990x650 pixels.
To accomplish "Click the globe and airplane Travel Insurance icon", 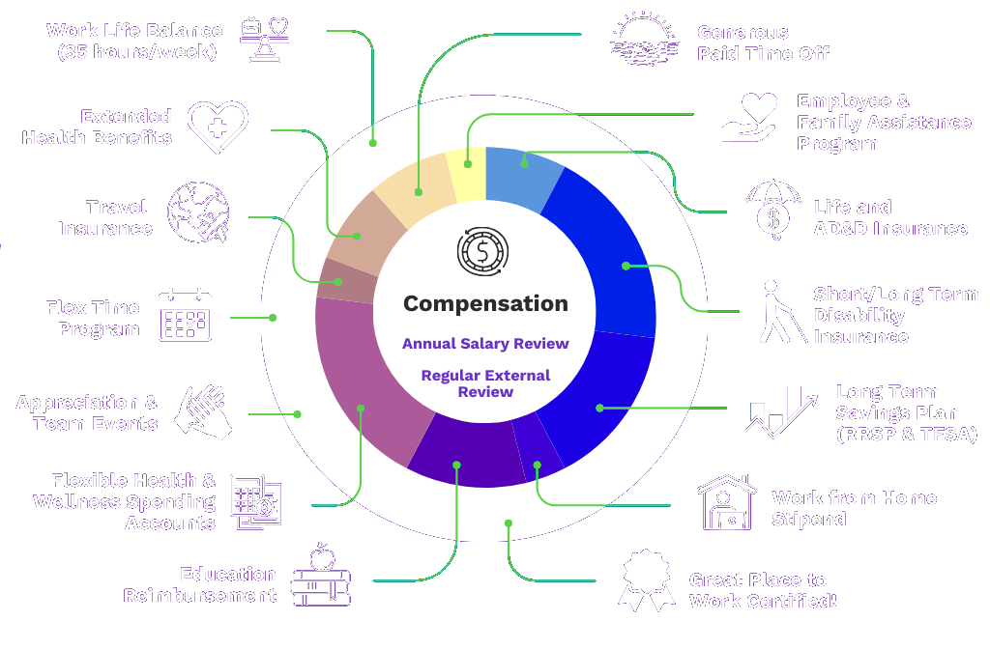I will (198, 212).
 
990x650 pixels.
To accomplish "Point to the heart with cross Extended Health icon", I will (218, 127).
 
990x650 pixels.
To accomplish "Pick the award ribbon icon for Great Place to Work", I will (647, 579).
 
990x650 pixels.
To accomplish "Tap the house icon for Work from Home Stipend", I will (727, 502).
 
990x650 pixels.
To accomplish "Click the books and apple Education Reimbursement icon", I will (321, 576).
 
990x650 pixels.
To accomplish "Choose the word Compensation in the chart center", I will (485, 303).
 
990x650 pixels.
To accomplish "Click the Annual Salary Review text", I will (485, 344).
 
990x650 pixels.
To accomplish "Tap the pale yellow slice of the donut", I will (467, 175).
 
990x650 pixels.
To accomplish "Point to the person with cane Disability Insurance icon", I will (779, 312).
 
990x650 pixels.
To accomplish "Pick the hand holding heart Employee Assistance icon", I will (750, 118).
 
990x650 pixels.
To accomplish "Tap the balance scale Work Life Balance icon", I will (264, 41).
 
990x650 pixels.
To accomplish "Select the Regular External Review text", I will (485, 383).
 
